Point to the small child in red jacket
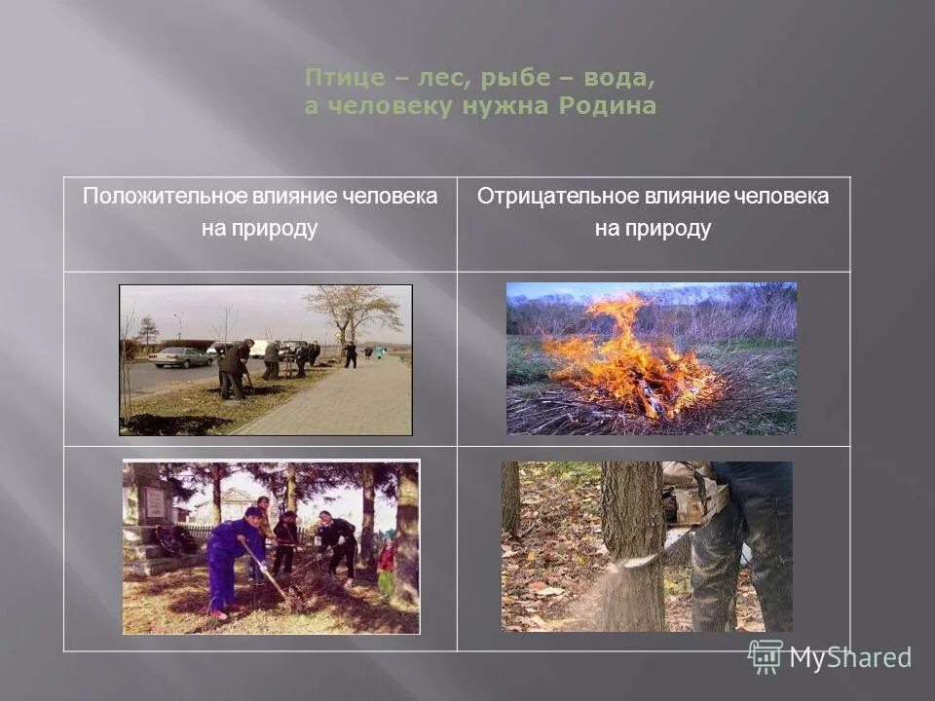pos(387,563)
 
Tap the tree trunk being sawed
pos(633,545)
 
